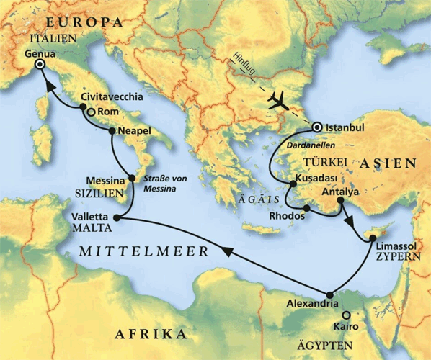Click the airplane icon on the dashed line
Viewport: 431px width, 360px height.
pyautogui.click(x=278, y=101)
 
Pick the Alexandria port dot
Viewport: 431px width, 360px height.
pyautogui.click(x=330, y=294)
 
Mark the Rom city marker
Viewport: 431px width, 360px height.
pyautogui.click(x=91, y=112)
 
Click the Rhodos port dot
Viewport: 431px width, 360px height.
pyautogui.click(x=306, y=210)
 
